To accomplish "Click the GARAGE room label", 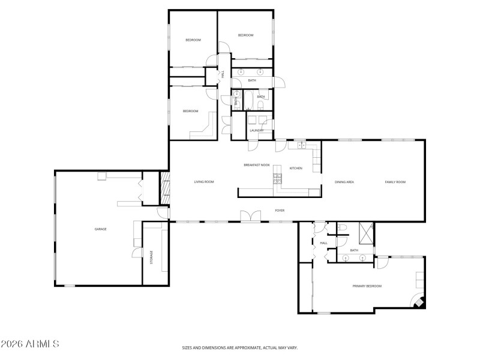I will [x=100, y=229].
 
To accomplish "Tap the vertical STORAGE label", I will [x=151, y=256].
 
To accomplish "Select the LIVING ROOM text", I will [x=204, y=182].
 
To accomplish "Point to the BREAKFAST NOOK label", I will [x=256, y=164].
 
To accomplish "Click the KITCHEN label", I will [x=296, y=168].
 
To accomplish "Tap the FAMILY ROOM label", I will [x=395, y=182].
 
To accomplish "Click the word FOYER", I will [x=280, y=211].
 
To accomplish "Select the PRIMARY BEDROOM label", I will [x=367, y=286].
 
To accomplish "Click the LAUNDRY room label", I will [x=257, y=130].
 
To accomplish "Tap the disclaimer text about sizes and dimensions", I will [x=240, y=347].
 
